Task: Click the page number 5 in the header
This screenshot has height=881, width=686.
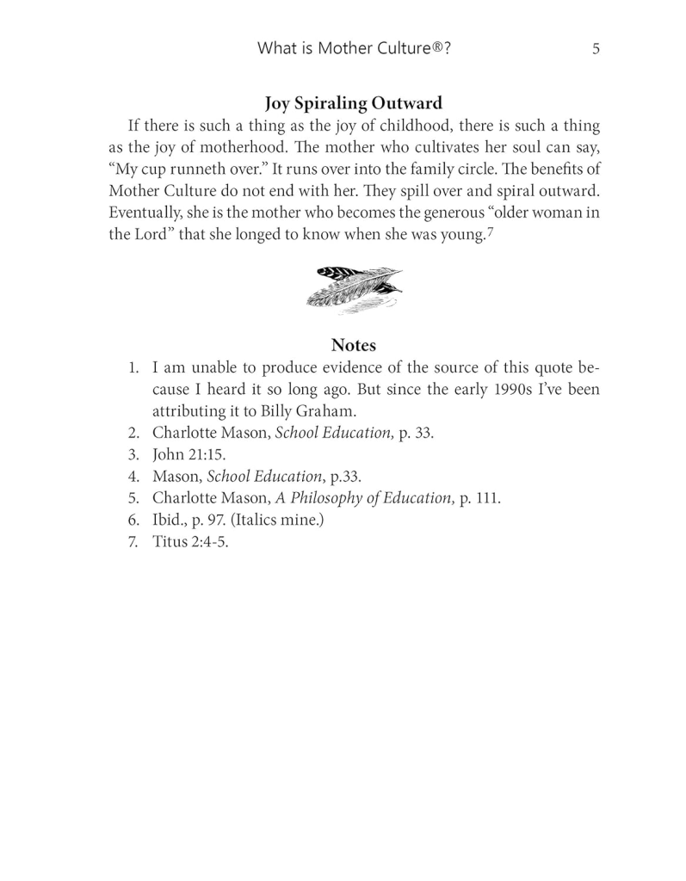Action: point(596,49)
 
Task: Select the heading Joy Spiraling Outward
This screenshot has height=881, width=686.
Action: point(353,103)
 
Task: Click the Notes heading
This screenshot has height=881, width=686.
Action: point(353,345)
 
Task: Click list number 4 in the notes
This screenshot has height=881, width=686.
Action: point(133,477)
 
